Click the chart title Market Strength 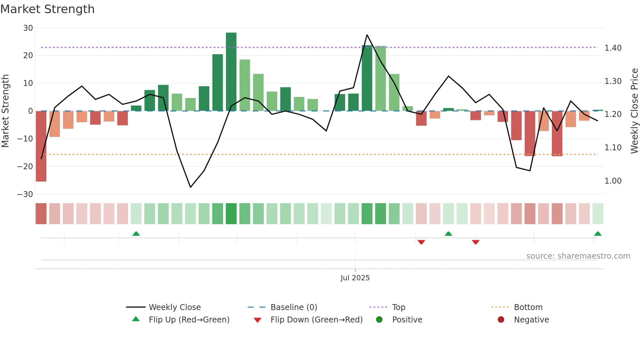[x=47, y=9]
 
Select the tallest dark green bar [x=231, y=72]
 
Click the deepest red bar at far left [x=41, y=146]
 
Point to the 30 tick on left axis [x=28, y=28]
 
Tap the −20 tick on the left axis [x=25, y=167]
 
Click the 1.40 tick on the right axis [x=613, y=48]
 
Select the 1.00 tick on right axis [x=613, y=181]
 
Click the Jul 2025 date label [x=355, y=278]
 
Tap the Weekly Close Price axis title [x=634, y=111]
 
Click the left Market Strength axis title [x=5, y=111]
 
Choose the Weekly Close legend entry [x=175, y=307]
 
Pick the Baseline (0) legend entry [x=294, y=307]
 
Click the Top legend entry [x=398, y=307]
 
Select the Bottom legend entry [x=528, y=307]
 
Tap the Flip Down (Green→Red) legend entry [x=316, y=320]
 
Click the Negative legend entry [x=531, y=320]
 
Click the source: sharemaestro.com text [x=578, y=256]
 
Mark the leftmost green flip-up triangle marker [x=136, y=234]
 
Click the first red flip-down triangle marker [x=421, y=242]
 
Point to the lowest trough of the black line [x=190, y=187]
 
